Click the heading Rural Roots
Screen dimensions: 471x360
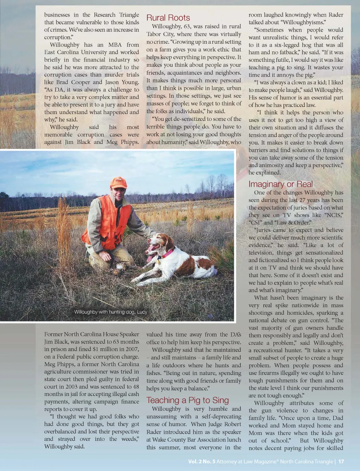168,18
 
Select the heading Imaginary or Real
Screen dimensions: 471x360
280,184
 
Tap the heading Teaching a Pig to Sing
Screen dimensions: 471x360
187,400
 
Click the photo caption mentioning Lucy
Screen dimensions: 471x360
110,312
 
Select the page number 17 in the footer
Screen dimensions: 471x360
341,462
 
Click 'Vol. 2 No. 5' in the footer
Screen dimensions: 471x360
201,462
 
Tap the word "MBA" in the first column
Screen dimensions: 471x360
115,45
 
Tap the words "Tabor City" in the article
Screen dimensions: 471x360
160,34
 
